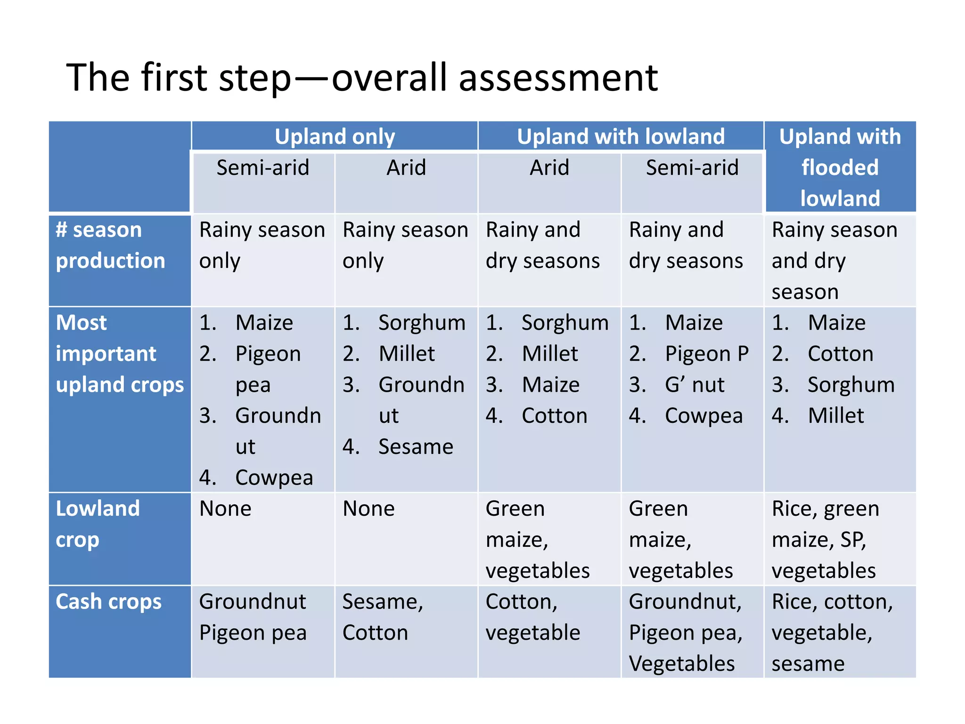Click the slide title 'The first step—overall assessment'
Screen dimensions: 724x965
click(x=362, y=78)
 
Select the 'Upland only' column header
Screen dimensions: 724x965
click(x=335, y=137)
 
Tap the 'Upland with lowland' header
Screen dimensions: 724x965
click(x=621, y=137)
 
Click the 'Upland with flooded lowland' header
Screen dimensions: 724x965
click(x=840, y=167)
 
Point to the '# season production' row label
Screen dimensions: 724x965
click(x=110, y=245)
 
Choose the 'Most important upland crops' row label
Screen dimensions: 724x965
click(x=119, y=354)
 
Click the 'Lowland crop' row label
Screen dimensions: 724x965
click(x=98, y=524)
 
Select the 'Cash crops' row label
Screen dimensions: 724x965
click(x=108, y=602)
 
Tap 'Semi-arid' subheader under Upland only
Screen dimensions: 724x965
click(x=262, y=168)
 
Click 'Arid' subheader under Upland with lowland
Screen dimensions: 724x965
click(x=549, y=168)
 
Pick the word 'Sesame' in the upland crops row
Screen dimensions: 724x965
click(x=416, y=447)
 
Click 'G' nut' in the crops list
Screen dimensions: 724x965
click(x=694, y=385)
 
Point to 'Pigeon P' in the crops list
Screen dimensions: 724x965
click(x=706, y=354)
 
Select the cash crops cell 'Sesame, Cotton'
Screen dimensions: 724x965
click(x=382, y=617)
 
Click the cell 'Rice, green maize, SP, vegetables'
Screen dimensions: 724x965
click(x=825, y=539)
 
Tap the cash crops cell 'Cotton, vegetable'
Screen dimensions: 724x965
click(x=532, y=617)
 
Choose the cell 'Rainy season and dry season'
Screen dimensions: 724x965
click(x=834, y=261)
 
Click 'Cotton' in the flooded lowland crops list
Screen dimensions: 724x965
click(x=840, y=354)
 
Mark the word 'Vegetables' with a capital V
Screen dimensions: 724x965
click(x=681, y=664)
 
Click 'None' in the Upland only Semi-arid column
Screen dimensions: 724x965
click(x=225, y=509)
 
